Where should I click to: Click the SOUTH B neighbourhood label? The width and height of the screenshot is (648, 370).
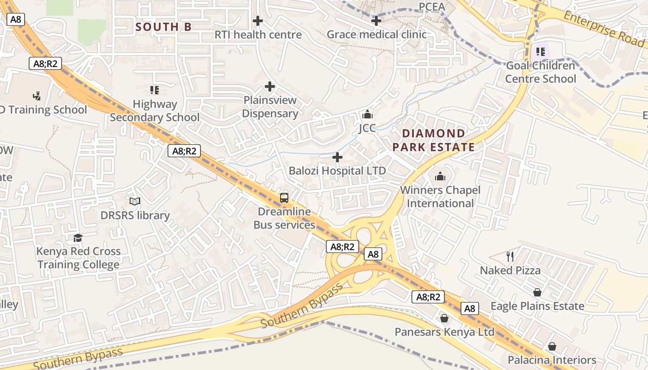click(163, 27)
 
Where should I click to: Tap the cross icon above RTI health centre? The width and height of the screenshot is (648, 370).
click(258, 21)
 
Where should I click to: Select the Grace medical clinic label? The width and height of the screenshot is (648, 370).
click(376, 35)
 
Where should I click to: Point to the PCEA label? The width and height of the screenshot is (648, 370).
click(431, 7)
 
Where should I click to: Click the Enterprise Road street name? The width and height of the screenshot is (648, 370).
click(604, 28)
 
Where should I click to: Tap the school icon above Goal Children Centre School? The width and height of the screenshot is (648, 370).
click(540, 52)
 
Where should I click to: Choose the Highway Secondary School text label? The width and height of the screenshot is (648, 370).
click(155, 111)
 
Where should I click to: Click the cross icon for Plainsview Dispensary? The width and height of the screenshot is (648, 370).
click(270, 86)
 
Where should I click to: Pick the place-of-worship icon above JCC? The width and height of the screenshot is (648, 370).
click(368, 114)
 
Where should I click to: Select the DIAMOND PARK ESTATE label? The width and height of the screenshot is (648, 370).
click(434, 140)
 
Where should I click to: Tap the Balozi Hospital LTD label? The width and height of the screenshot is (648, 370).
click(337, 171)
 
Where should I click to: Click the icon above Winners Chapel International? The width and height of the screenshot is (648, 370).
click(440, 176)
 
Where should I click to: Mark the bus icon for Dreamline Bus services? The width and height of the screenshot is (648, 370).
click(284, 198)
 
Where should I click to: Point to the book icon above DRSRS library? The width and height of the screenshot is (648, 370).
click(135, 202)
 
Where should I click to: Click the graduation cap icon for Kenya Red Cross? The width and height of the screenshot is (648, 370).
click(78, 238)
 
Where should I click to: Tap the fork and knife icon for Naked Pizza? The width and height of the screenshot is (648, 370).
click(510, 256)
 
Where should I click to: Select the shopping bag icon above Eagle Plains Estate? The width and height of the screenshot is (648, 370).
click(537, 292)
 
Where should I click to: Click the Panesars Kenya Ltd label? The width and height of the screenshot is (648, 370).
click(444, 332)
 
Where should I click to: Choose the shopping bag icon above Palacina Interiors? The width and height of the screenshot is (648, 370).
click(552, 346)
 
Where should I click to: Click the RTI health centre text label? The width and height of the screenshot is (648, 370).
click(258, 35)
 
